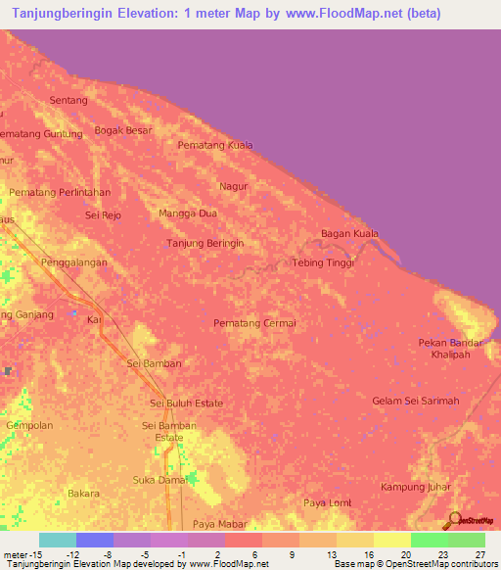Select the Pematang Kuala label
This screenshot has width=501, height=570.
215,145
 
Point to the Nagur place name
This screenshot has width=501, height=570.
234,185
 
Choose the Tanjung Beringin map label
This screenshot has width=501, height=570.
205,242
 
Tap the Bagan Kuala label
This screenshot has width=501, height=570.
349,233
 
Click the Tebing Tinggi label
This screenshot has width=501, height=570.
323,262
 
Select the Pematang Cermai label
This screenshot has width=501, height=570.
254,322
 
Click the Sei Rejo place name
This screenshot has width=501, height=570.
103,214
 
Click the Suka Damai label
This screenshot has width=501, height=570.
159,480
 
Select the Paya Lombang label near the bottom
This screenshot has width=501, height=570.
327,502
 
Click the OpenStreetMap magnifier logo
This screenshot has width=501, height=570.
454,520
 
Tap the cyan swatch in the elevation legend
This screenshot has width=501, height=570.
58,540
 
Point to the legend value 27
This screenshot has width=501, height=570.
479,553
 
